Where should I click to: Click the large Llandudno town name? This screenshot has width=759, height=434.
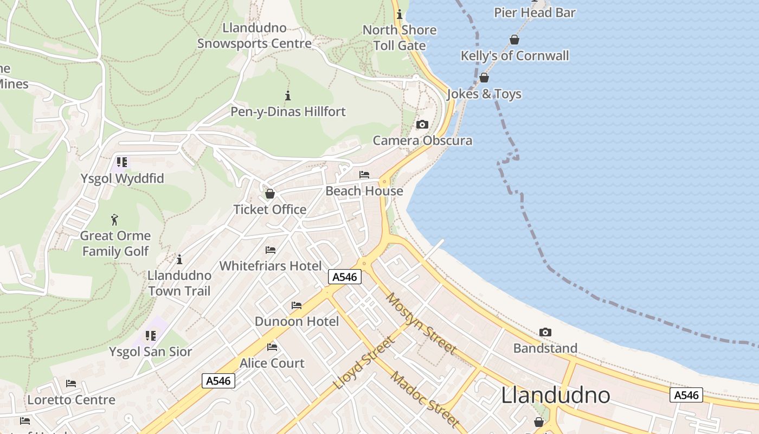point(555,395)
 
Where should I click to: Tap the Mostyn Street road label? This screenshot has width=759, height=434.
point(421,323)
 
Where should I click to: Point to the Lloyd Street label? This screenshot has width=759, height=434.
point(364,363)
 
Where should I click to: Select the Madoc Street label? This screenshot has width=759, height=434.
point(424,399)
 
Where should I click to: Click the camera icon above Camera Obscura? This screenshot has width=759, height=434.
point(422,125)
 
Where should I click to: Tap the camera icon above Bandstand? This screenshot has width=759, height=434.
point(545,332)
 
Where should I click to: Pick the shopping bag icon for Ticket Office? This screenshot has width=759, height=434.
point(269,194)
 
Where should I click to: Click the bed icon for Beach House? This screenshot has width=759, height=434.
point(364,175)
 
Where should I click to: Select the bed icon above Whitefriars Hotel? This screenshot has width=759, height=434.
point(271,250)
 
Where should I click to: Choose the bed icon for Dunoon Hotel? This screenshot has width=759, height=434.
point(297,305)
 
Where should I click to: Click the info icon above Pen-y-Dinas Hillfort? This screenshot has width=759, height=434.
point(288,96)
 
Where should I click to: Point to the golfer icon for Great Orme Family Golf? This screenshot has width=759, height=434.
point(114,220)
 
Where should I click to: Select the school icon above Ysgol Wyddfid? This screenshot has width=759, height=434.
point(122,162)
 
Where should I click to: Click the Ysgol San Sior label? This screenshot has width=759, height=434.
point(150,352)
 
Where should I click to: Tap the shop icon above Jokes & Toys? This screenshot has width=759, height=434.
point(484,78)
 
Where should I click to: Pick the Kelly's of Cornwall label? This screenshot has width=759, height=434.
point(514,56)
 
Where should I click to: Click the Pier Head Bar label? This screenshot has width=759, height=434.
point(535,12)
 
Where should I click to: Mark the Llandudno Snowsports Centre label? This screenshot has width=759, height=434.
point(254,36)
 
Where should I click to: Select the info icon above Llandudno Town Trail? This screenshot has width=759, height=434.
point(179,259)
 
